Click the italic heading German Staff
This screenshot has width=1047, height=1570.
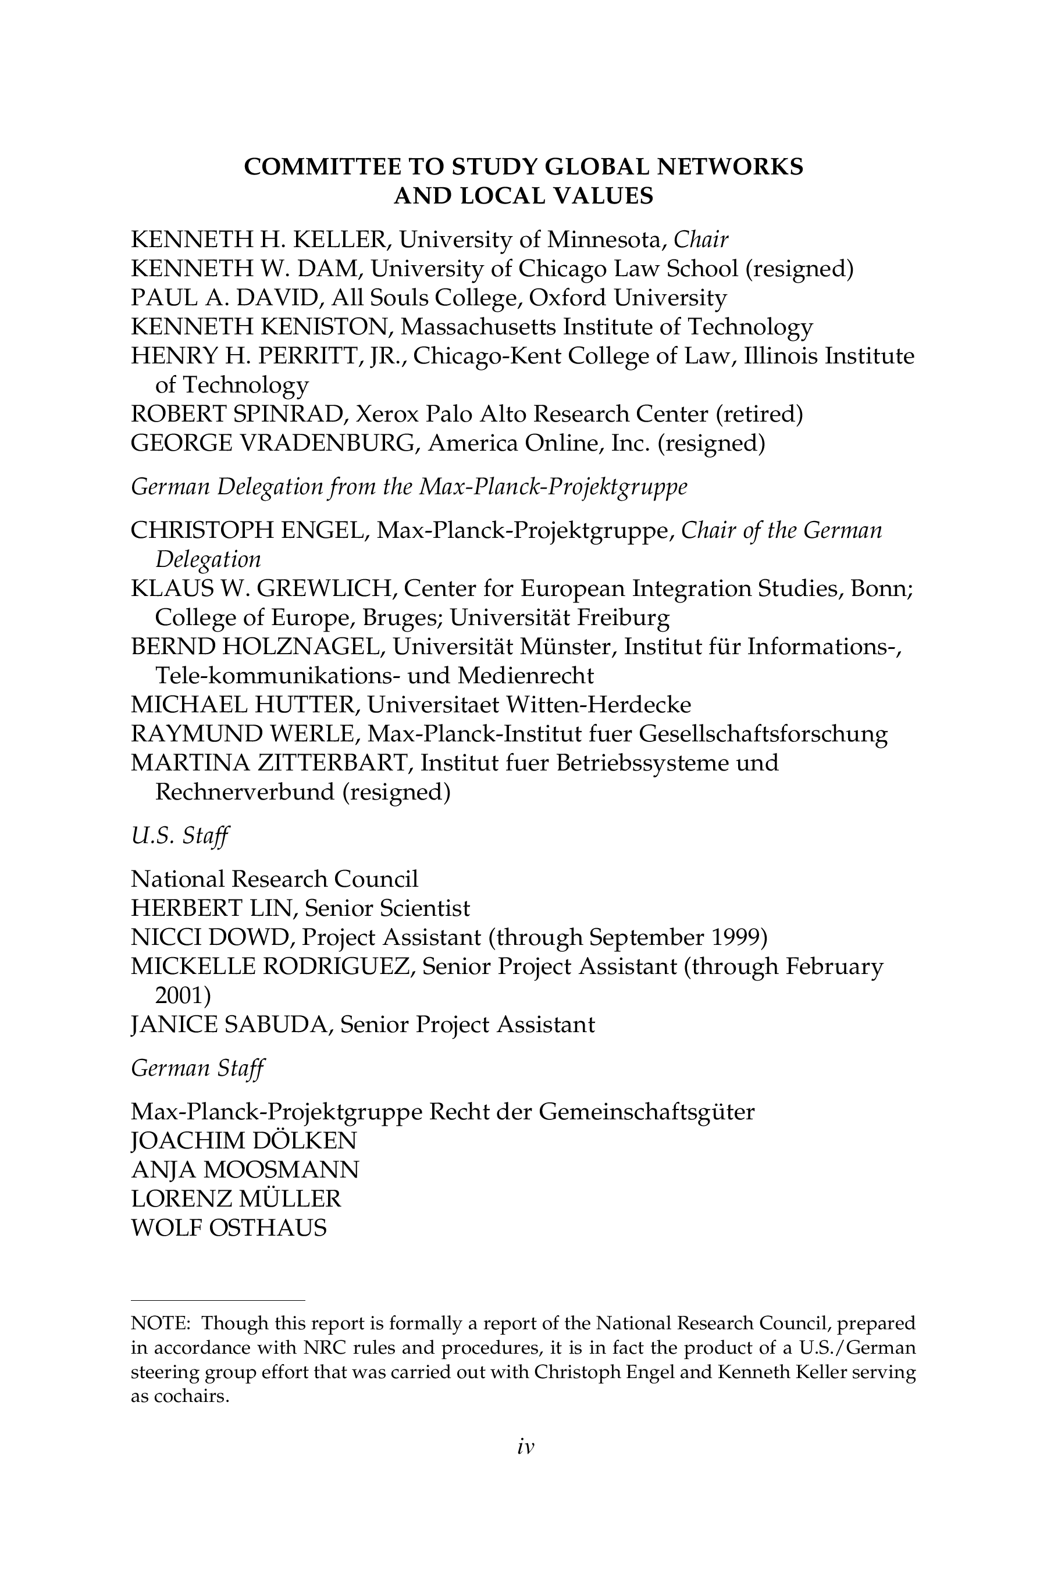click(198, 1068)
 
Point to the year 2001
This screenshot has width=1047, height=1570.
click(181, 995)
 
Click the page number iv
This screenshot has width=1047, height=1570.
click(525, 1447)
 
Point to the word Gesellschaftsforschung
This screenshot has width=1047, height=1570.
click(763, 734)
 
